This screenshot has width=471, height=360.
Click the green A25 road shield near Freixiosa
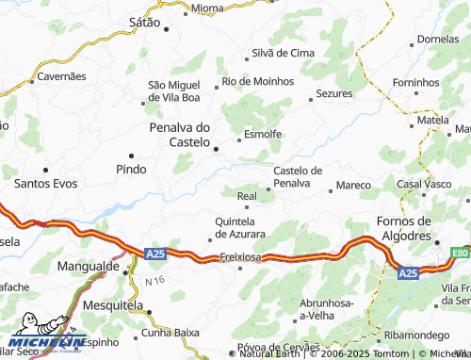156,254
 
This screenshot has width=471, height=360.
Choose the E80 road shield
460,254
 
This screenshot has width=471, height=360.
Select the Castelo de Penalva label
298,176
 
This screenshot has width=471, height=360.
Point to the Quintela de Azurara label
240,226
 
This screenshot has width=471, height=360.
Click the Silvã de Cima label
282,53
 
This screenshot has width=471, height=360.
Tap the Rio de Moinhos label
257,82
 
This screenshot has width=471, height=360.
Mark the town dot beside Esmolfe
239,139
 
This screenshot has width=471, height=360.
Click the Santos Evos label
46,184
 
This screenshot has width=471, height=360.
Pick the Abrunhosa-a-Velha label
302,308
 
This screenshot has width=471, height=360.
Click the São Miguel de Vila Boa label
174,90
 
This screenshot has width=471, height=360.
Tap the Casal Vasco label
425,184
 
